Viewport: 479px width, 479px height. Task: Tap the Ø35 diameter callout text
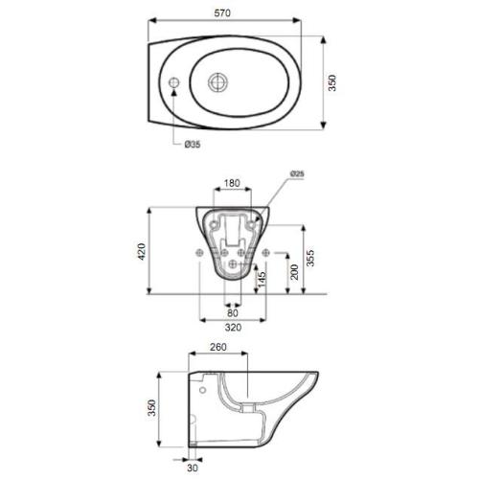pos(192,145)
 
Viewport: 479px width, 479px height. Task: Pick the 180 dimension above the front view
pos(230,183)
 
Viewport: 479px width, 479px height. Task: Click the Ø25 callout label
pos(298,172)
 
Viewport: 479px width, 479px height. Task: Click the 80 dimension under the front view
pos(231,311)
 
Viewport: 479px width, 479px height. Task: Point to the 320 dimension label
pos(231,327)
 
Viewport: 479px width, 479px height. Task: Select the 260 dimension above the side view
pos(218,348)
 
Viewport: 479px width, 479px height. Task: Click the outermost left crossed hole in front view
pos(198,253)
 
